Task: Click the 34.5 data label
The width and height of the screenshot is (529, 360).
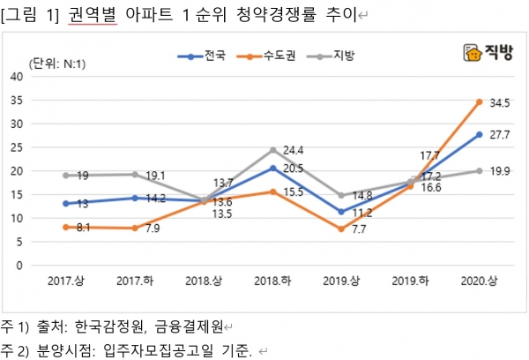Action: click(x=501, y=103)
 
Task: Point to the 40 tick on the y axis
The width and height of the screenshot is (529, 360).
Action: click(x=15, y=77)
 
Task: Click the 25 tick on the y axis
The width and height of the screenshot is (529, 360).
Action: click(x=15, y=147)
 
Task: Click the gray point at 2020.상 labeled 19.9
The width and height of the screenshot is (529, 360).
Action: click(x=479, y=171)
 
